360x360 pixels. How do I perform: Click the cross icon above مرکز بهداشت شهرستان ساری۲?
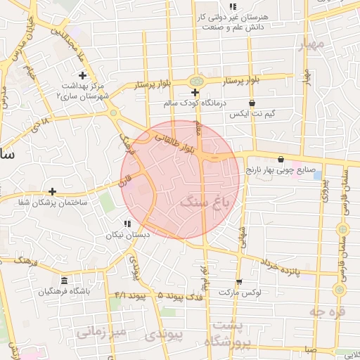coord(82,75)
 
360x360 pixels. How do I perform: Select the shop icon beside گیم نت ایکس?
coord(282,103)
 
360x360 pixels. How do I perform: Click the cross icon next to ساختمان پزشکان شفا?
coord(52,191)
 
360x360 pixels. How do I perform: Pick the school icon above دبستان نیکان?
coord(127,224)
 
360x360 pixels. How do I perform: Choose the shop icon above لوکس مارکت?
coord(240,281)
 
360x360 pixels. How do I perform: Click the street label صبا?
coord(310,349)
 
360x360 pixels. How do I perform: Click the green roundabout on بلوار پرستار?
coord(195,82)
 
